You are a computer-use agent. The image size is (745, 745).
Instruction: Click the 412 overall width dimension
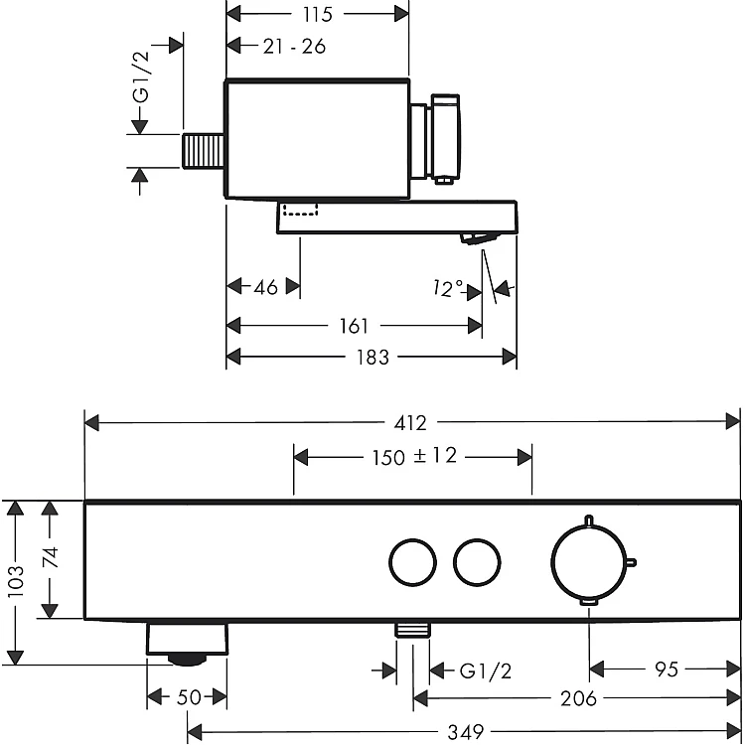(x=409, y=423)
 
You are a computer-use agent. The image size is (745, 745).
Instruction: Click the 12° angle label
(x=448, y=289)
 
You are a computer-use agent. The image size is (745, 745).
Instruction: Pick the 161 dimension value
(x=354, y=326)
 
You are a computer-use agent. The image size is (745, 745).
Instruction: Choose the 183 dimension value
(x=372, y=358)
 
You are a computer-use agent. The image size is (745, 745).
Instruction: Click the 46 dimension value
(x=265, y=288)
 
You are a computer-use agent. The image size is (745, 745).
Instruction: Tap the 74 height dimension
(x=50, y=557)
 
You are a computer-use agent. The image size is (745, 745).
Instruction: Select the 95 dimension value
(x=667, y=670)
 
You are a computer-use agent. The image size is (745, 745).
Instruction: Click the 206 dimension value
(x=578, y=699)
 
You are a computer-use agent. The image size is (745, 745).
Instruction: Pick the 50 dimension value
(x=188, y=698)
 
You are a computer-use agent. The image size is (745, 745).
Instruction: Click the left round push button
(x=411, y=562)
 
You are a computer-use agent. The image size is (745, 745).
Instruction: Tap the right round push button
(x=478, y=562)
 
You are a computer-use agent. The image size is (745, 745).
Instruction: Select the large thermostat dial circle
(x=590, y=562)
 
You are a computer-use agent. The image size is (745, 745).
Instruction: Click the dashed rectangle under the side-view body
(x=299, y=208)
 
